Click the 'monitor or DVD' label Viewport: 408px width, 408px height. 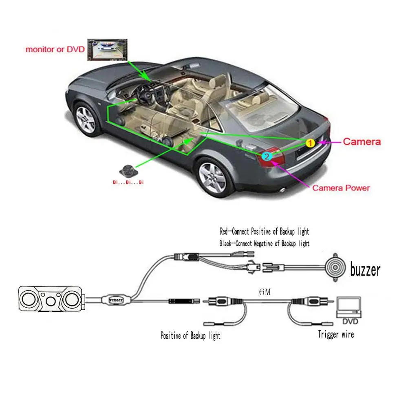point(55,50)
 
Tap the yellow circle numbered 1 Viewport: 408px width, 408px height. point(310,143)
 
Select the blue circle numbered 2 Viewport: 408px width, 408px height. point(266,155)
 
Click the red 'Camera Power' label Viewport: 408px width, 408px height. point(341,188)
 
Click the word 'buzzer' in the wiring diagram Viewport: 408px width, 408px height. point(365,269)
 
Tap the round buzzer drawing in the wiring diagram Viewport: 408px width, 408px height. point(335,268)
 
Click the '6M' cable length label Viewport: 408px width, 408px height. point(265,292)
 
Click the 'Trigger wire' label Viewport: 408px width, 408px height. point(336,335)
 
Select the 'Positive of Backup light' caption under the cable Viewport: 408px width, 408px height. point(190,336)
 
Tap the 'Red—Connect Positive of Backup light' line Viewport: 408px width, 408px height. point(264,232)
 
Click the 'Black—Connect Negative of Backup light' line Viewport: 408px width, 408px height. point(264,244)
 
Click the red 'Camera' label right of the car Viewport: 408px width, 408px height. point(362,142)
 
